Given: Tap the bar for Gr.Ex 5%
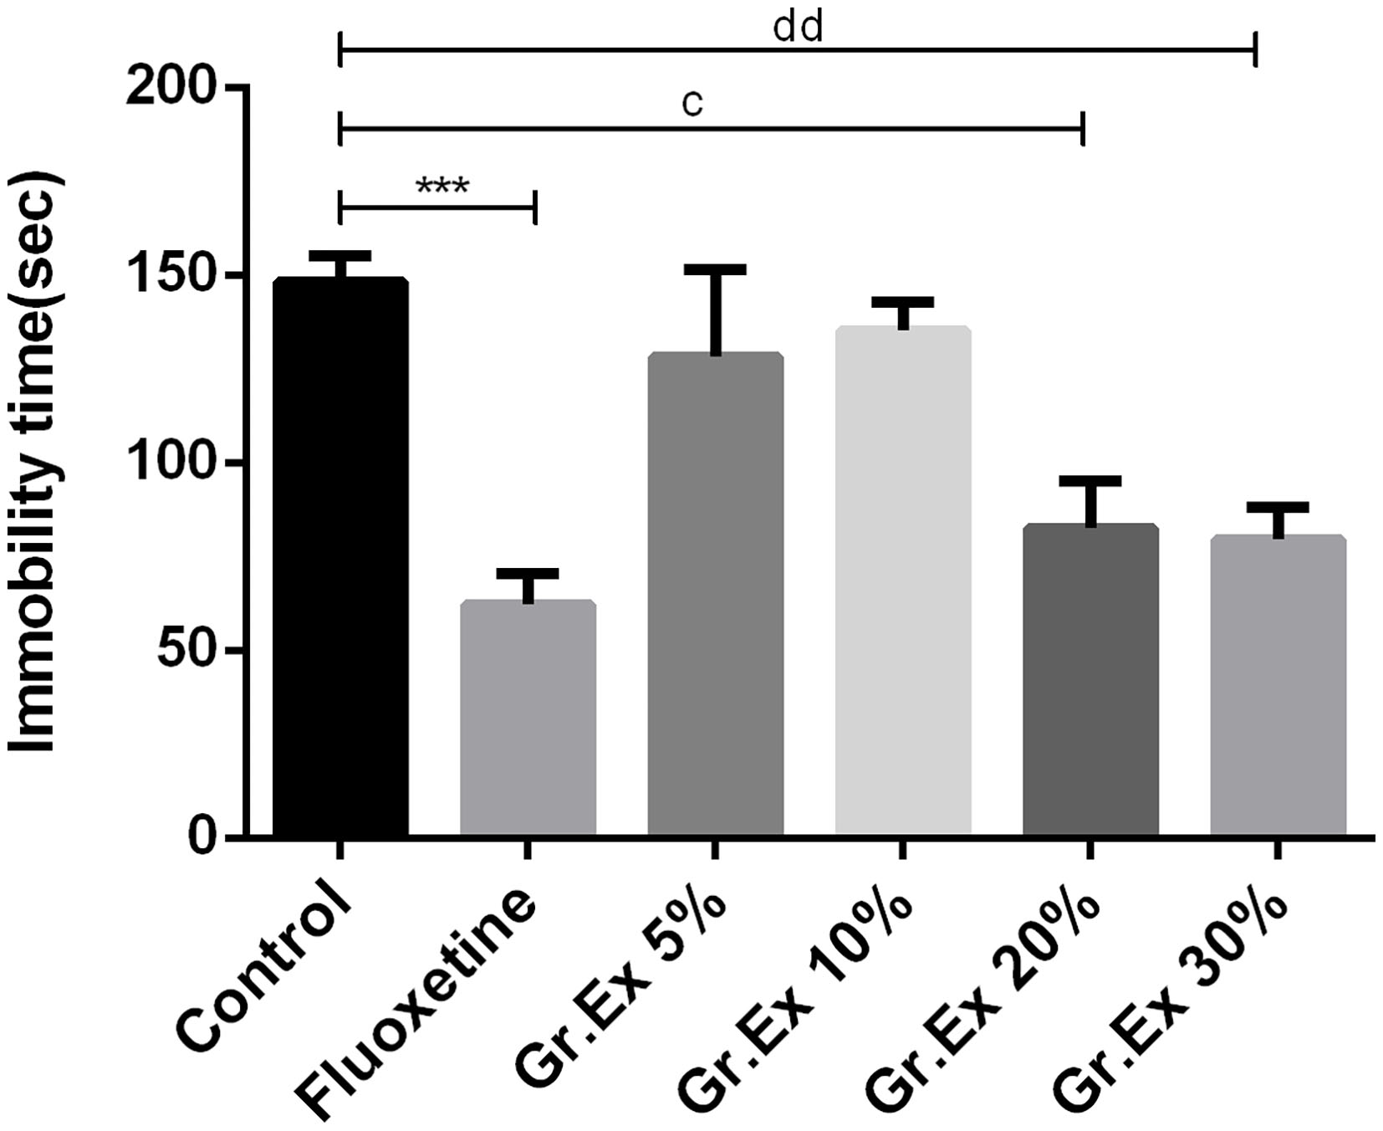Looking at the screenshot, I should (716, 594).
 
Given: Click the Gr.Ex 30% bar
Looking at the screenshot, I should (1278, 685).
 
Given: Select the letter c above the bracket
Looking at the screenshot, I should (692, 104).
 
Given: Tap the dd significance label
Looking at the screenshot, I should (799, 28).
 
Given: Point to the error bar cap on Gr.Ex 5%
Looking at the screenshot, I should (716, 269).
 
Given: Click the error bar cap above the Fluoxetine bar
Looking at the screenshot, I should (528, 573).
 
